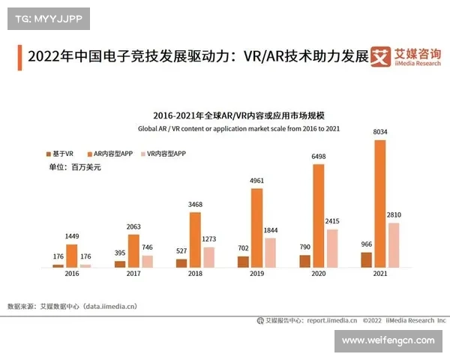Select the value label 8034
click(x=380, y=133)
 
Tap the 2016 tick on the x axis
click(x=71, y=274)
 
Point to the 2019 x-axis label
click(x=256, y=274)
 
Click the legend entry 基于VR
click(x=60, y=153)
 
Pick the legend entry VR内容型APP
click(x=165, y=153)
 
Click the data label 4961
click(x=256, y=181)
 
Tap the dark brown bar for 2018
click(x=181, y=263)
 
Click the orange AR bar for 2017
click(x=133, y=250)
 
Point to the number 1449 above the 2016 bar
click(x=72, y=237)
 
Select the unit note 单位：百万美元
click(x=74, y=167)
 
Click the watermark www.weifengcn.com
click(x=388, y=341)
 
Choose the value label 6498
click(x=319, y=157)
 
